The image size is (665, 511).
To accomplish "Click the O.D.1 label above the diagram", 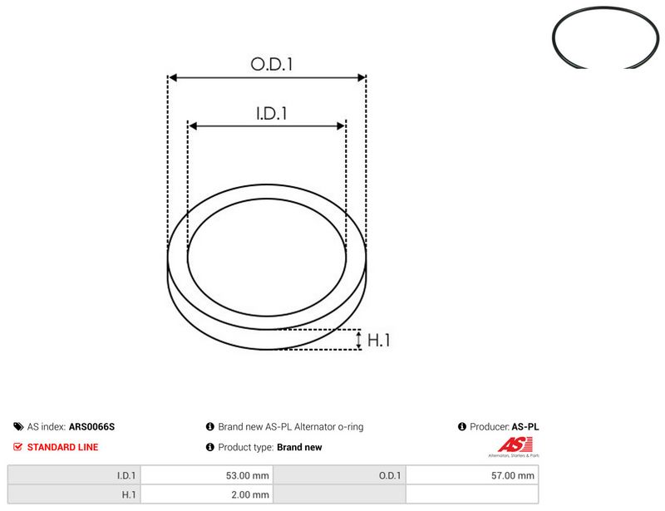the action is [272, 64].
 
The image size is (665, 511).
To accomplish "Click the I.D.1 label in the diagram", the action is [272, 113].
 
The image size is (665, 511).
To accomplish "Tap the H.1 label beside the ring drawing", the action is [378, 340].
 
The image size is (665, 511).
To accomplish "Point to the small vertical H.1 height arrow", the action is [359, 340].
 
